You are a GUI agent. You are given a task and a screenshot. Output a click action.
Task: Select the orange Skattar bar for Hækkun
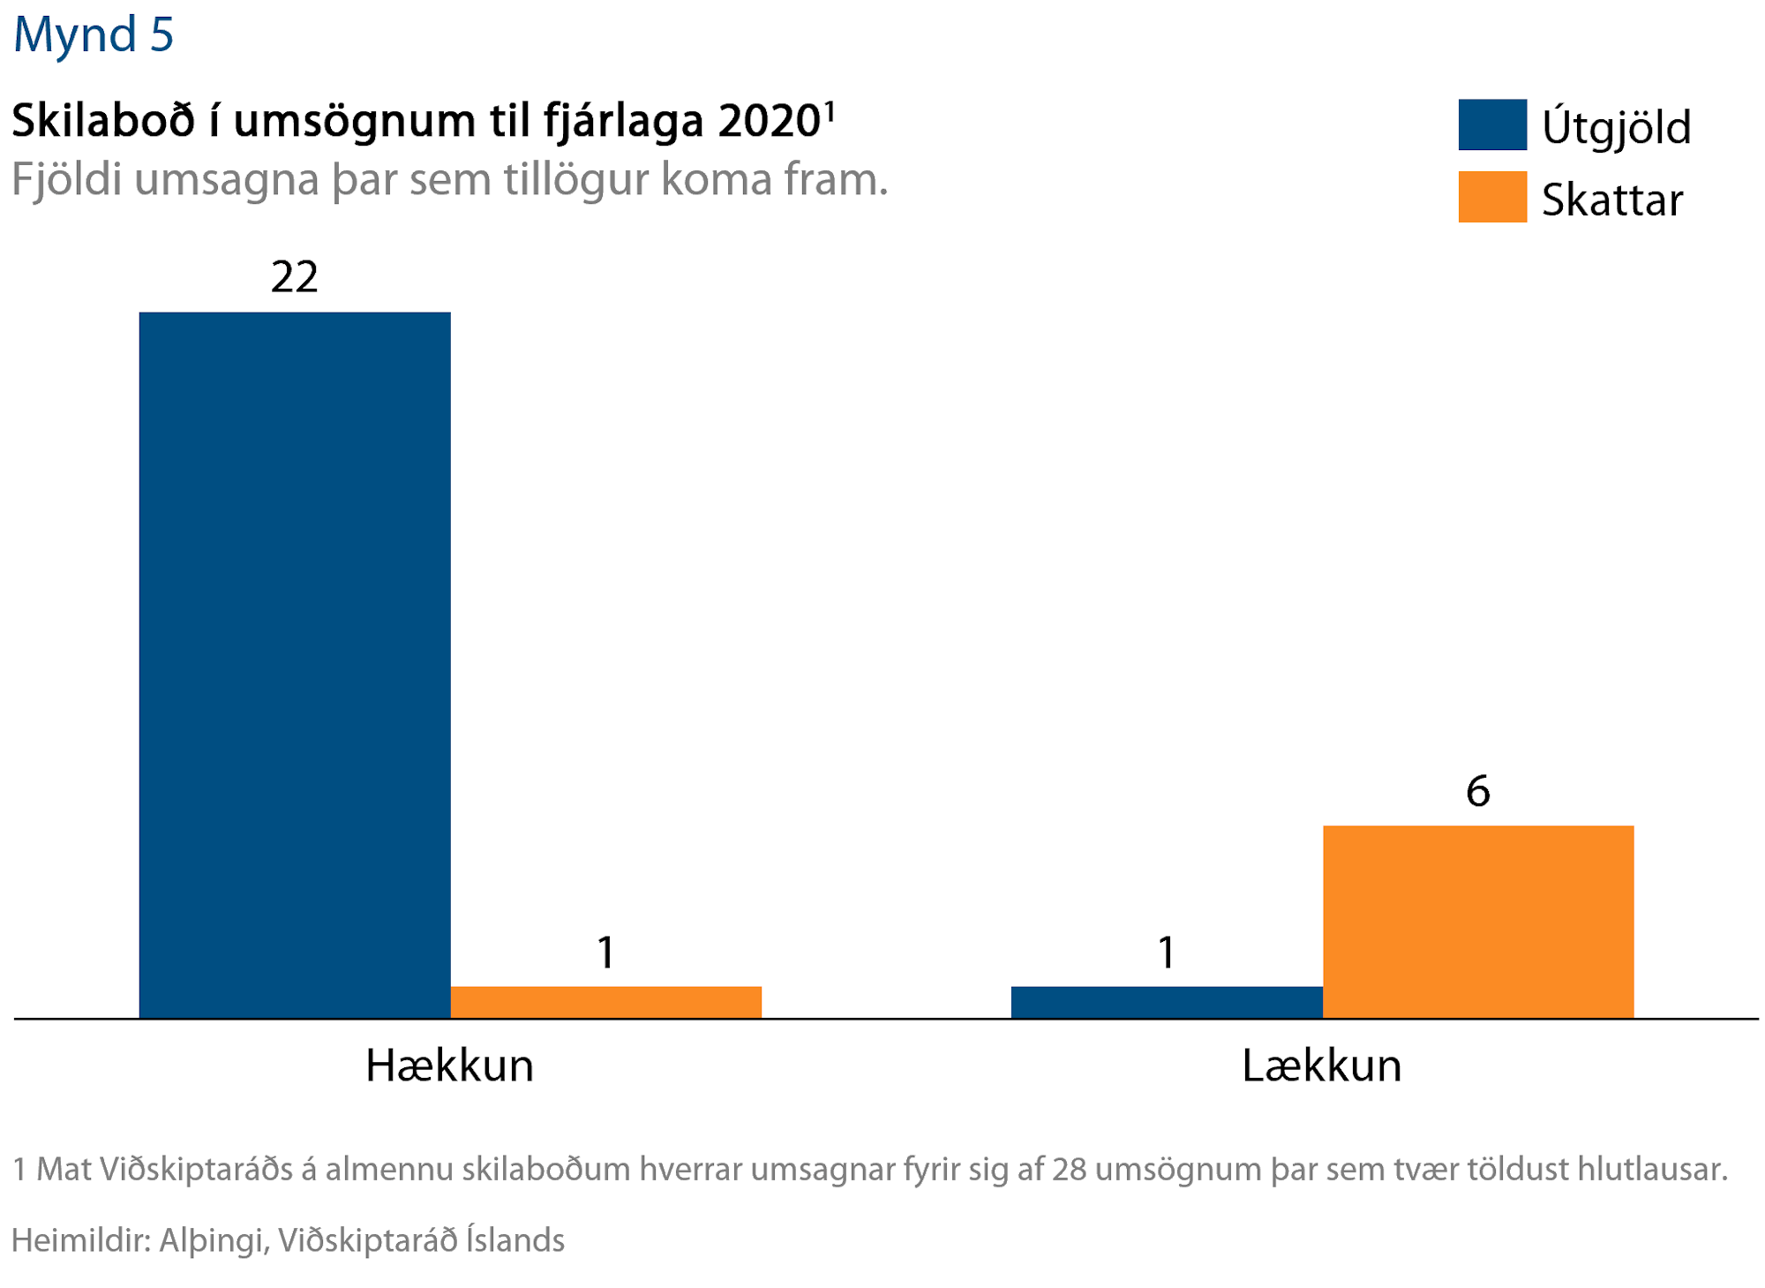[x=605, y=1002]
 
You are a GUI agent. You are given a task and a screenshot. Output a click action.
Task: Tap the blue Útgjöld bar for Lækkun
[x=1167, y=1002]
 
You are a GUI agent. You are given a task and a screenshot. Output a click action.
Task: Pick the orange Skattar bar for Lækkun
[x=1478, y=921]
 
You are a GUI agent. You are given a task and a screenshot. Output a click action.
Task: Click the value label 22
[x=295, y=277]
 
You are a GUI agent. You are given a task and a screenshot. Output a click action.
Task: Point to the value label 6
[x=1478, y=791]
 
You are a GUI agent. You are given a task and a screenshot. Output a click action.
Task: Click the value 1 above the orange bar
[x=605, y=953]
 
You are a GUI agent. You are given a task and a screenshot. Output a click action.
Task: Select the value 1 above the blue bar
[x=1167, y=953]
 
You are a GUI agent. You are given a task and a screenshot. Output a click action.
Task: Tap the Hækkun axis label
[x=450, y=1066]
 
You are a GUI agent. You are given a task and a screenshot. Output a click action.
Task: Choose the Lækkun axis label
[x=1321, y=1066]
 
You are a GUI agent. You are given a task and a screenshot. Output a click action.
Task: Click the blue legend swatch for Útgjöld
[x=1492, y=124]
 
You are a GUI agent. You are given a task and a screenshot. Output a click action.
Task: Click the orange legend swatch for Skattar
[x=1492, y=197]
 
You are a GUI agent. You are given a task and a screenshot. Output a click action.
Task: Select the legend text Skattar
[x=1612, y=200]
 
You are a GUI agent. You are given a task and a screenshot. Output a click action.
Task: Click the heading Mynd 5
[x=94, y=35]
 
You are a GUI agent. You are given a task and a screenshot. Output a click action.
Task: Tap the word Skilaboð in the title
[x=103, y=121]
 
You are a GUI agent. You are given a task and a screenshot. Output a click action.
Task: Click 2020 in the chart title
[x=770, y=121]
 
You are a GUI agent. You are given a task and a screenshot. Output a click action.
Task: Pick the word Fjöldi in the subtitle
[x=67, y=179]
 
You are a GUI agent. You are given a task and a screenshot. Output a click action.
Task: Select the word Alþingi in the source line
[x=213, y=1240]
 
